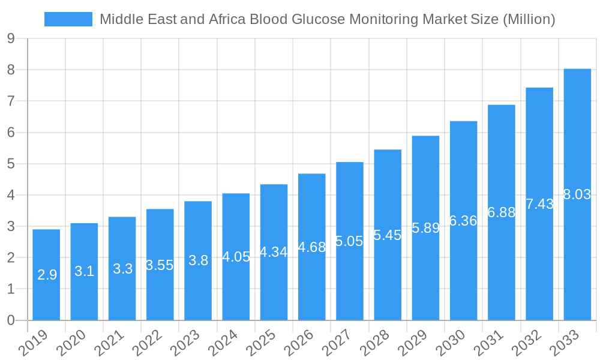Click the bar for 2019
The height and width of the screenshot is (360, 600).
(46, 275)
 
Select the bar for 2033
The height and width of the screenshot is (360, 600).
(577, 194)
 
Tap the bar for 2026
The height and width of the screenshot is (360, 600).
(312, 247)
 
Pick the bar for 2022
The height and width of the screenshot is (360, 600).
(160, 265)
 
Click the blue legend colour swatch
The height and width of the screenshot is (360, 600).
(68, 19)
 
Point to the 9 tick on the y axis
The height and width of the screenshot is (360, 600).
(11, 38)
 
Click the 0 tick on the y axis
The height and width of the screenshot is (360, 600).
(11, 320)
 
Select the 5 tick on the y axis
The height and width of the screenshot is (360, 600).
(11, 164)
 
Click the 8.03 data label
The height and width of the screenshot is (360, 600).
(577, 194)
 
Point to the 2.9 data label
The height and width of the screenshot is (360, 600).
(47, 275)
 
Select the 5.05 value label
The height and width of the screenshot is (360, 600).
(349, 241)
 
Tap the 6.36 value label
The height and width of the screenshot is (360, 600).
(463, 221)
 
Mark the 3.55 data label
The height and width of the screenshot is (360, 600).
(160, 265)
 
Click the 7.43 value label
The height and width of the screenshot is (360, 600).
(539, 204)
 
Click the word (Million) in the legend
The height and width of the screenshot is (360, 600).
(529, 19)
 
